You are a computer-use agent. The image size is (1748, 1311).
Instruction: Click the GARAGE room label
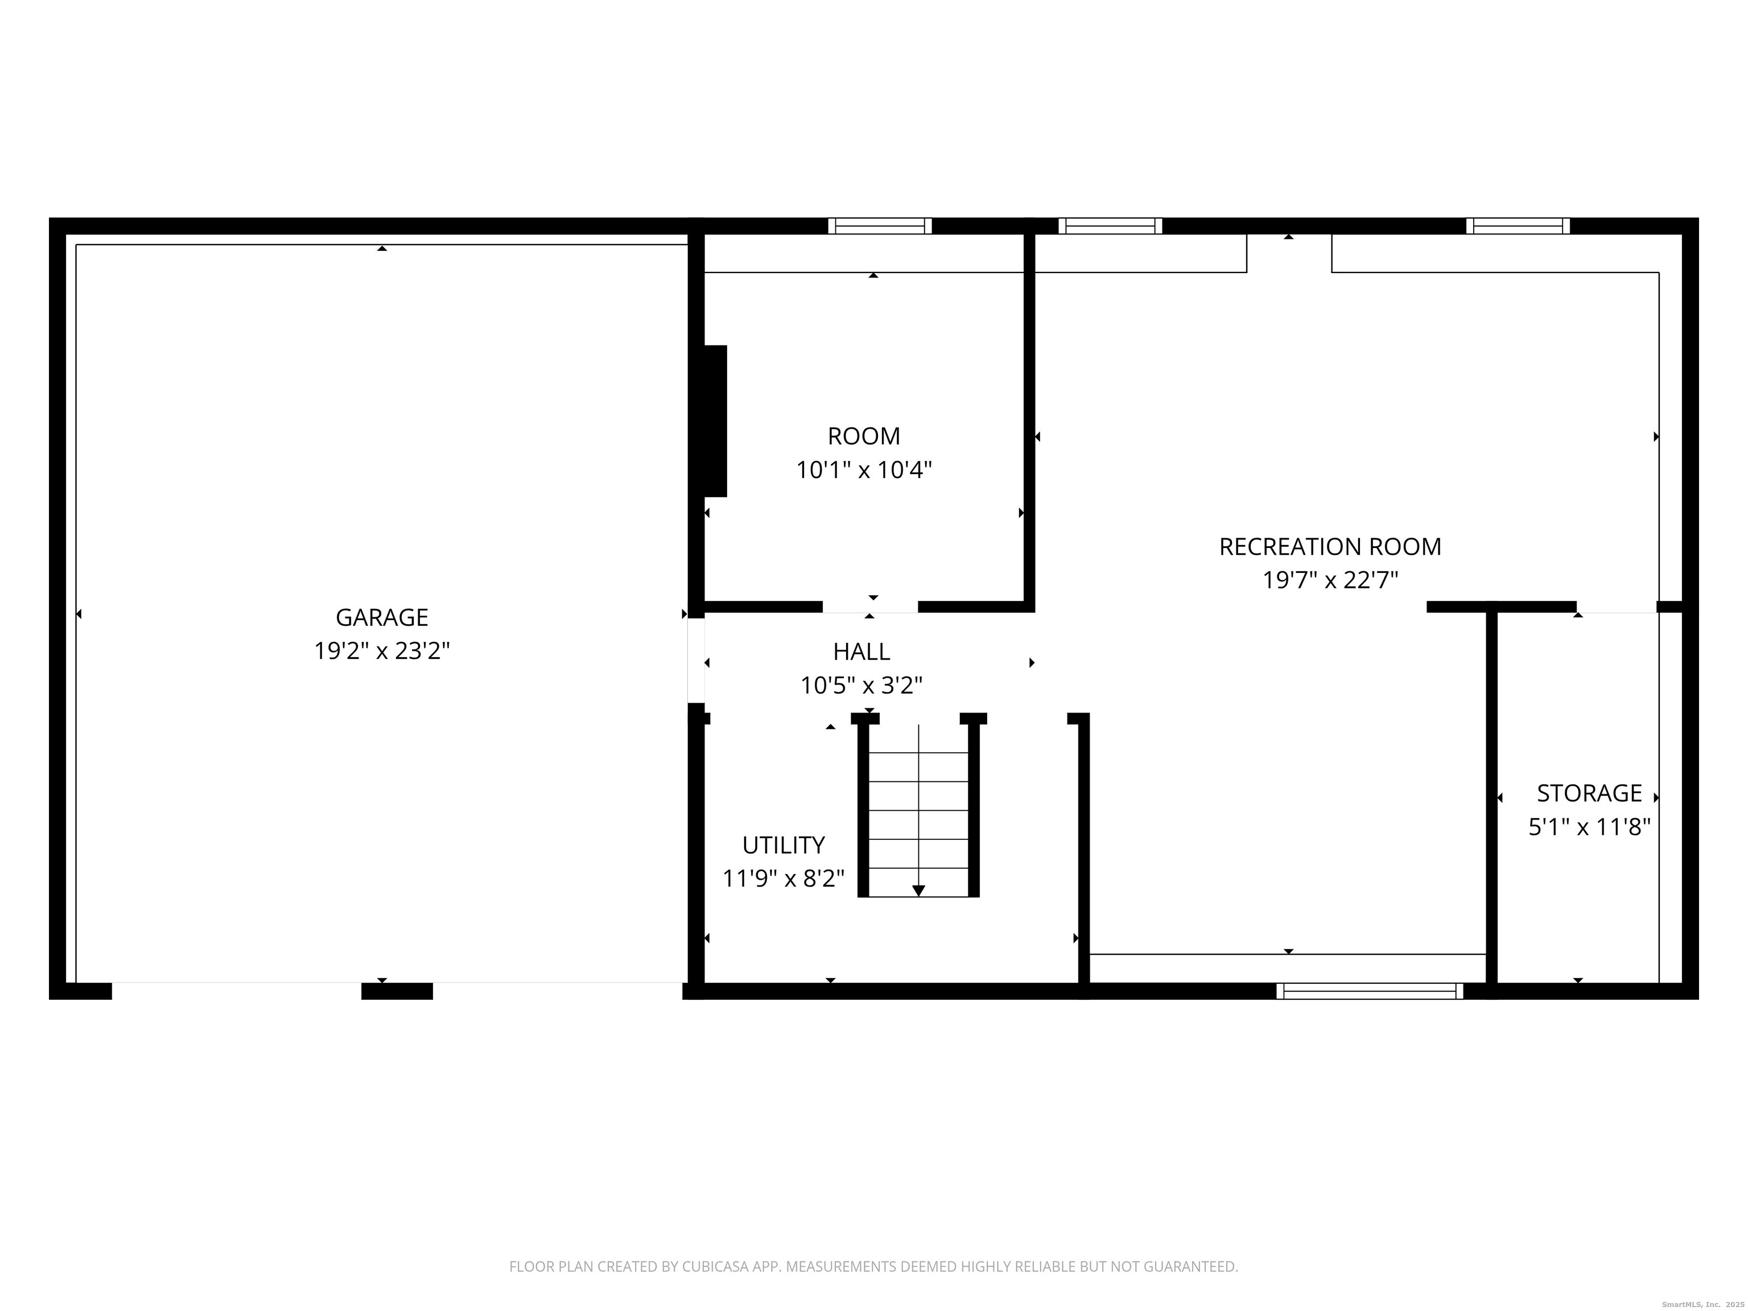point(382,617)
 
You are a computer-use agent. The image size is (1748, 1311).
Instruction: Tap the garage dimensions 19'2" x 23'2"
point(382,651)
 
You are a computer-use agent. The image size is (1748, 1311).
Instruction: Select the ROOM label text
point(864,436)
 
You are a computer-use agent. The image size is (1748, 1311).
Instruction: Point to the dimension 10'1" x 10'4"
point(864,470)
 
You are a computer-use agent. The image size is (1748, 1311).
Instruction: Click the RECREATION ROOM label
point(1330,547)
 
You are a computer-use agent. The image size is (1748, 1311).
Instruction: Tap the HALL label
point(861,652)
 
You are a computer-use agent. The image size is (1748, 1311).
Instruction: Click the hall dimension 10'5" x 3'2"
point(861,686)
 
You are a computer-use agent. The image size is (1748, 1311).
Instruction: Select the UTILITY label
point(783,846)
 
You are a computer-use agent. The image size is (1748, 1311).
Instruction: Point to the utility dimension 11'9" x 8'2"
point(783,879)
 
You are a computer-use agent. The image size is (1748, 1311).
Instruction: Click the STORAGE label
point(1589,793)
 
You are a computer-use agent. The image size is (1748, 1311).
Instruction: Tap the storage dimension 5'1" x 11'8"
point(1589,827)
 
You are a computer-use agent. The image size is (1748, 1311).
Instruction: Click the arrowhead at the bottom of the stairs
point(918,891)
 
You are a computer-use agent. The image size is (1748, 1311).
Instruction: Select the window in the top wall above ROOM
point(880,226)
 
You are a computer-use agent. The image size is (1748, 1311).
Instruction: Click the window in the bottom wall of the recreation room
point(1370,991)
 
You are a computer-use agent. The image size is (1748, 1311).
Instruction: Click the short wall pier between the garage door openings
point(397,991)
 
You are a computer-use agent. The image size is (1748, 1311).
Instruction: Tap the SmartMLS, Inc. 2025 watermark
point(1703,1304)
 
